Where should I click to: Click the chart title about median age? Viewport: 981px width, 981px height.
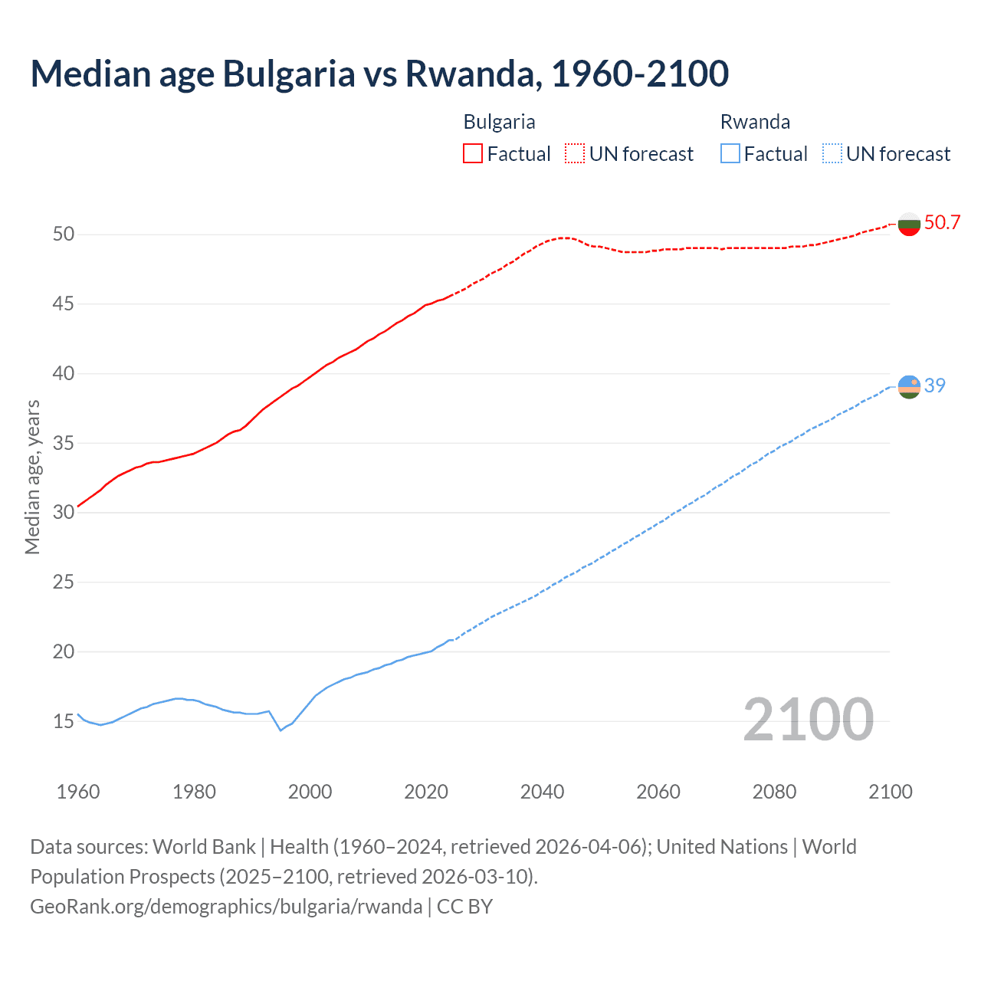point(379,74)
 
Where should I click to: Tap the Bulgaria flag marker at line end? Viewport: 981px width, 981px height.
point(909,224)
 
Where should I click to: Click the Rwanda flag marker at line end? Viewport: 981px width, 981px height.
point(909,387)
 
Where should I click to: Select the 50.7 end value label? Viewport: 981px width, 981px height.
point(942,223)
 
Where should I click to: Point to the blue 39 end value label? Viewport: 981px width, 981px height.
point(935,386)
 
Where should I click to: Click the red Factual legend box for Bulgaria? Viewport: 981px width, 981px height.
point(473,154)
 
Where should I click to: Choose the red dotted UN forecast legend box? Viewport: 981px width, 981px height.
point(575,154)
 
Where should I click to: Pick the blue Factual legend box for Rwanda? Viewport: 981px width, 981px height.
point(730,154)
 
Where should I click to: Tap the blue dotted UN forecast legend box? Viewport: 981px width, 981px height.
point(832,154)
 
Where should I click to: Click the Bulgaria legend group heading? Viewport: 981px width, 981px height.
point(499,122)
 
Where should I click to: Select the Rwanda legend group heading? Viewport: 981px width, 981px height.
point(755,122)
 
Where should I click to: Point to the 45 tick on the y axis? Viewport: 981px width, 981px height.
point(64,304)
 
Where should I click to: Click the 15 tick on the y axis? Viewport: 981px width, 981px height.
point(64,721)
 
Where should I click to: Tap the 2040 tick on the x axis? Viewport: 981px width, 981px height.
point(542,792)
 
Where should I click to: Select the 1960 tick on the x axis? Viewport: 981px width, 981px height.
point(78,792)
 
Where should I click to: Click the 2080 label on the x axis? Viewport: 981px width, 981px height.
point(774,792)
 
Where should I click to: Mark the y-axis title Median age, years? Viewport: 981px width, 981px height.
point(32,477)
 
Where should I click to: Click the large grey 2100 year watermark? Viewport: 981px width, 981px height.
point(808,720)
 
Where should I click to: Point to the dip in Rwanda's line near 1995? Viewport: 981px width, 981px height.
point(281,730)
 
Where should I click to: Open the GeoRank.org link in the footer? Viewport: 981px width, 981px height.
point(226,907)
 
